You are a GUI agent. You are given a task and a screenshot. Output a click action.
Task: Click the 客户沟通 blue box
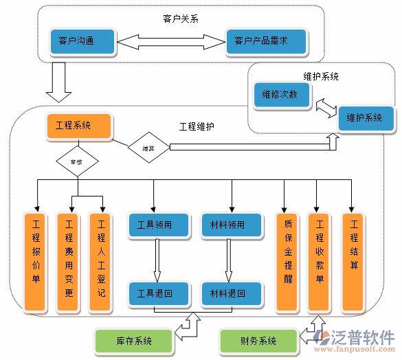82,41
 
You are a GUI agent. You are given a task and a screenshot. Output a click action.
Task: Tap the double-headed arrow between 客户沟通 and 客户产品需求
170,41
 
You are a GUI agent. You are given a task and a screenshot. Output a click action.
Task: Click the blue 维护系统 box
365,118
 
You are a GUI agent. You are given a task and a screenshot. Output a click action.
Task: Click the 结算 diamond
148,147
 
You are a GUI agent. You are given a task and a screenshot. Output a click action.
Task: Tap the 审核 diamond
77,162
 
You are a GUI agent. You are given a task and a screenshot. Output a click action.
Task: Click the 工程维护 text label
197,126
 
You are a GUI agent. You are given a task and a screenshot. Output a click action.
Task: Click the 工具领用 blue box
159,225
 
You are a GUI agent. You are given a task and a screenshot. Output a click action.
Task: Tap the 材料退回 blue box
232,293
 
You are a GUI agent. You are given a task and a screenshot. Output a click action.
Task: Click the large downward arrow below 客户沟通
58,81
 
